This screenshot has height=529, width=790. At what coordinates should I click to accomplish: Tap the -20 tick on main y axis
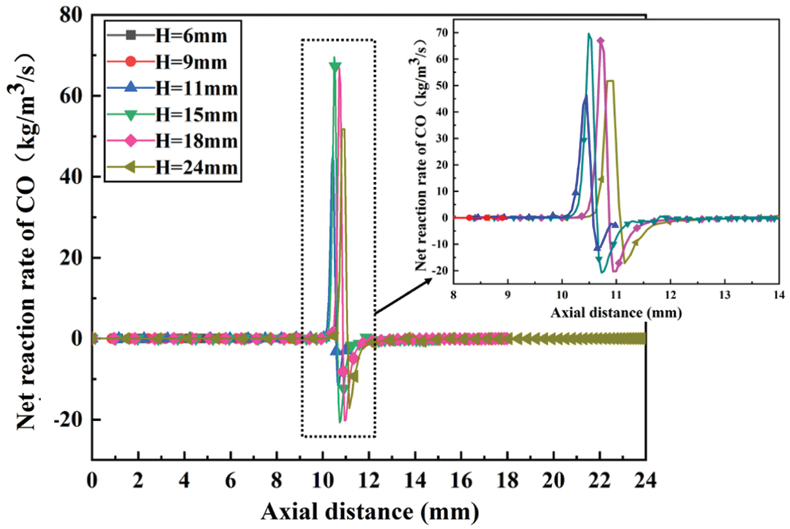(x=71, y=420)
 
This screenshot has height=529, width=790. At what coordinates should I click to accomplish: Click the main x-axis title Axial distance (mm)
(x=370, y=509)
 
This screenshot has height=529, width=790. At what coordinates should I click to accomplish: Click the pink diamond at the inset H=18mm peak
(x=600, y=42)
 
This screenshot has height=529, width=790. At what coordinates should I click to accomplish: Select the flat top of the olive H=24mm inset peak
(x=610, y=81)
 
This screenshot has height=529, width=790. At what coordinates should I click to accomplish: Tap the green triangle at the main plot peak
(x=335, y=66)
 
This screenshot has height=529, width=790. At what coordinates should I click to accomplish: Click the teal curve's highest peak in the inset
(x=589, y=34)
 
